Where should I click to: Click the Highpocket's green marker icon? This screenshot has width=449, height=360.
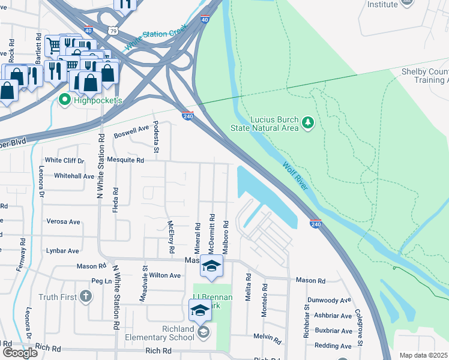coord(65,100)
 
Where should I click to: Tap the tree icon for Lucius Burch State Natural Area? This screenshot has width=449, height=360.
coord(308,122)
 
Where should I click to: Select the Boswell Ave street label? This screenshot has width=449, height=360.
coord(131,129)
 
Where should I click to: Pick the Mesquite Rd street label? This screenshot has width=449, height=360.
coord(125,160)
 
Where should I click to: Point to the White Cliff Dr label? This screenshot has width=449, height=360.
coord(65,160)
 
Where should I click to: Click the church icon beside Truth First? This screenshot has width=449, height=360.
coord(86,296)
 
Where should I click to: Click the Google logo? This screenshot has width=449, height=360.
coord(20,353)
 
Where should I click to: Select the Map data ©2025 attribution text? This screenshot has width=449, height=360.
coord(424,355)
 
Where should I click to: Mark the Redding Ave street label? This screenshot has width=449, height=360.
coord(333,346)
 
